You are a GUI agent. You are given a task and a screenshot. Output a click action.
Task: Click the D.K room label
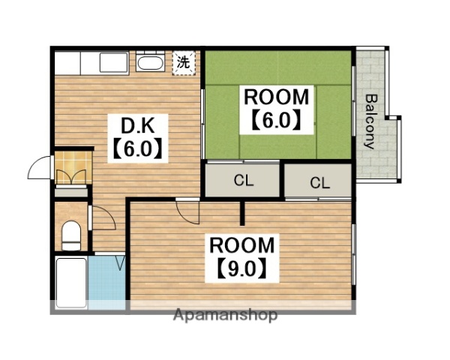coord(138,125)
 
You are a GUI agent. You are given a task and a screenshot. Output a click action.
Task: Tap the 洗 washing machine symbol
coord(184,63)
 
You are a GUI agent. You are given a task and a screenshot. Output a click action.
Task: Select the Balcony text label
coord(370,121)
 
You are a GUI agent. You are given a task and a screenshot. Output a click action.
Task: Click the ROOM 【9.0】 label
coord(242,258)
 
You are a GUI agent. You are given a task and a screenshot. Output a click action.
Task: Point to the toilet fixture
coord(71,235)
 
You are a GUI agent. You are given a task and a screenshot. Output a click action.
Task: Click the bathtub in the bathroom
coord(71,283)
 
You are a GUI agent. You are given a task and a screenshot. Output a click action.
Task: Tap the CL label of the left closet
coord(244,181)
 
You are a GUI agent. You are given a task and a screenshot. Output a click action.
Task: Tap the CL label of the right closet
coord(320,183)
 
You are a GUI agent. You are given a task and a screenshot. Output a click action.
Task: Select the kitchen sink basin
coord(114,62)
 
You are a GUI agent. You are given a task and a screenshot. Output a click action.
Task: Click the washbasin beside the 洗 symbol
coord(150,62)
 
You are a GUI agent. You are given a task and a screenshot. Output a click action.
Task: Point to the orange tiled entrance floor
coord(73,167)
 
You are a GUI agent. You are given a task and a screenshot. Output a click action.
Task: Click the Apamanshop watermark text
coord(225,316)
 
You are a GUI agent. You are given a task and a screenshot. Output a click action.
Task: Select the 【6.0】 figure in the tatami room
coord(277,121)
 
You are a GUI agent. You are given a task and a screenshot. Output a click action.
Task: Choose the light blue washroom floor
coord(106,283)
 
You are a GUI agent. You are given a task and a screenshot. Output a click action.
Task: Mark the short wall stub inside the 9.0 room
coord(242,213)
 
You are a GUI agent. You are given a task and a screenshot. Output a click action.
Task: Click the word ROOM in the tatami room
coord(276,97)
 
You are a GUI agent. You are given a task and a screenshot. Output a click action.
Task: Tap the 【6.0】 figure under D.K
coord(138,149)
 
